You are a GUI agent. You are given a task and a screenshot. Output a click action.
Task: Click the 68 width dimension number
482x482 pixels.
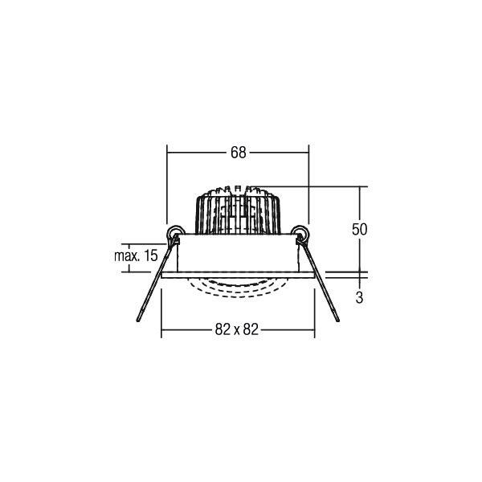[x=239, y=153]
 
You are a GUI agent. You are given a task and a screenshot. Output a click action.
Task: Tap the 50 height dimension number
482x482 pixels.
[x=359, y=229]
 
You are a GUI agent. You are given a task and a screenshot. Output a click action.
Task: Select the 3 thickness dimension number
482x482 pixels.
[x=359, y=297]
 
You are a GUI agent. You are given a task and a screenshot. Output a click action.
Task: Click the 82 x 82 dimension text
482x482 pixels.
[x=237, y=329]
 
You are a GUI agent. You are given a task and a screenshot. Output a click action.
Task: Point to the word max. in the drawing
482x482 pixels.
[x=126, y=255]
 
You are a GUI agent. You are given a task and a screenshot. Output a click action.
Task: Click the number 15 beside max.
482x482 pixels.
[x=151, y=255]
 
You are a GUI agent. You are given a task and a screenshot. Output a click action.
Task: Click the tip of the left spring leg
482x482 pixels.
[x=138, y=321]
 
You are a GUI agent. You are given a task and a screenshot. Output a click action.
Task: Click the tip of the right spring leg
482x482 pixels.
[x=338, y=321]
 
